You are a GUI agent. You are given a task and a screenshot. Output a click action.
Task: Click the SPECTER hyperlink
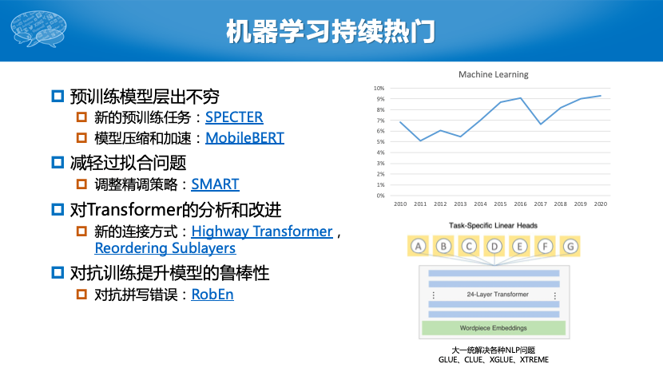(x=234, y=117)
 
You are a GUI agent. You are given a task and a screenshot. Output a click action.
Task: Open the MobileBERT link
(x=244, y=138)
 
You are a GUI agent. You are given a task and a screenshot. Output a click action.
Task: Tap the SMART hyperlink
(x=215, y=184)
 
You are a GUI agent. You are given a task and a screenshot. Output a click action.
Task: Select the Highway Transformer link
(x=262, y=232)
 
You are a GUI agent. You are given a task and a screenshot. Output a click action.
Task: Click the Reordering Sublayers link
(x=165, y=248)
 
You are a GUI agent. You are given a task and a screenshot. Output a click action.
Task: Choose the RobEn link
(x=212, y=295)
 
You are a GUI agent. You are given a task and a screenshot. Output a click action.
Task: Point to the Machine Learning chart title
(x=494, y=74)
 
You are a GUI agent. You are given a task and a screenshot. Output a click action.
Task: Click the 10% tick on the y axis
(x=379, y=89)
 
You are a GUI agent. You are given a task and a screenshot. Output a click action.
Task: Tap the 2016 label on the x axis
(x=520, y=204)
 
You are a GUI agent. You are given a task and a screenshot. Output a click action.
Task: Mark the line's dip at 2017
(x=540, y=124)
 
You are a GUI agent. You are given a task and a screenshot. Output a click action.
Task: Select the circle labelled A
(x=419, y=246)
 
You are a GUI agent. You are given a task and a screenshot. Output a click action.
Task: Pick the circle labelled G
(x=570, y=246)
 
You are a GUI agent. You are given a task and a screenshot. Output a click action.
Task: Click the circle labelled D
(x=494, y=246)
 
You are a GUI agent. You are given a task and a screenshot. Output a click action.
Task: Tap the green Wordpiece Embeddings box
(x=494, y=328)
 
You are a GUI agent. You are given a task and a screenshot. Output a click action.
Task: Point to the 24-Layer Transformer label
(x=498, y=295)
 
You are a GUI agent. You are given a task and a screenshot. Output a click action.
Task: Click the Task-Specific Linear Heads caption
(x=493, y=225)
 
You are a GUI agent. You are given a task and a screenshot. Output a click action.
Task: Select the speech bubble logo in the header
(x=38, y=29)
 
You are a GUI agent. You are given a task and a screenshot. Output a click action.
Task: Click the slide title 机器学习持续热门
(x=331, y=31)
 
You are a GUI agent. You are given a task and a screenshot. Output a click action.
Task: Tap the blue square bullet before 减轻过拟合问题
(x=58, y=162)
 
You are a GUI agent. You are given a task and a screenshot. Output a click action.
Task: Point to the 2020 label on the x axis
(x=601, y=204)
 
